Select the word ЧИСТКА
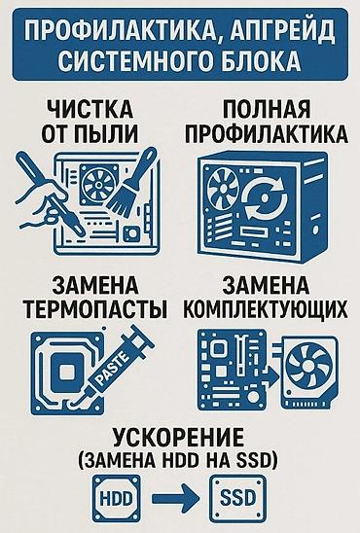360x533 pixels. (90, 109)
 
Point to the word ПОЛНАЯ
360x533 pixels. (267, 109)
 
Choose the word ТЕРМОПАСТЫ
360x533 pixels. (96, 308)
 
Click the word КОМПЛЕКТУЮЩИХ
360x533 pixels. (266, 308)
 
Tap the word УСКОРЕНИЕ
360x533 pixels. (178, 438)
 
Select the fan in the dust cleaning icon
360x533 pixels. (98, 184)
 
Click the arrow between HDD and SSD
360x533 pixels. (174, 498)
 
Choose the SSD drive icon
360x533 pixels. (237, 498)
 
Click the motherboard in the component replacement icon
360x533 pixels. (233, 369)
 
